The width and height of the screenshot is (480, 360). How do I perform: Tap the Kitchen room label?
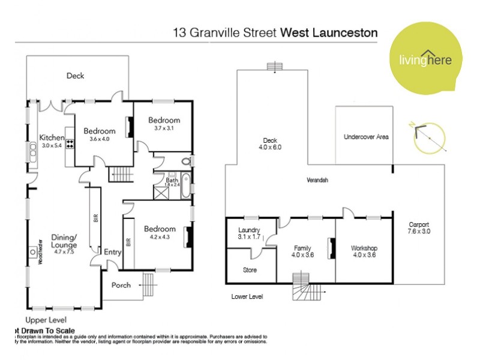point(51,141)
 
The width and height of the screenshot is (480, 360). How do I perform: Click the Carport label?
point(419,227)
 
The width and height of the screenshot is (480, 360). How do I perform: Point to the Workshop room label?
point(363,251)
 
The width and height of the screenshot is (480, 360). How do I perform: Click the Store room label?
point(250,270)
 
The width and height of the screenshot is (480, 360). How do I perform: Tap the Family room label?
point(302,251)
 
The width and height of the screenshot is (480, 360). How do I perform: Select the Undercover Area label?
point(366,137)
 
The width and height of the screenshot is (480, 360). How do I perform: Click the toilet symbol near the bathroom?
point(186,161)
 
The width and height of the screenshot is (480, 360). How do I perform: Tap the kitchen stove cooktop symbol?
point(69,144)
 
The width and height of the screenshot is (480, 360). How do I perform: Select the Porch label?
point(121,285)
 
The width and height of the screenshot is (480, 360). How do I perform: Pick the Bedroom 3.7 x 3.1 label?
point(164,124)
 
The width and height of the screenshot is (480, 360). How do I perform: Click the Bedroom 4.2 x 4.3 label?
point(160,232)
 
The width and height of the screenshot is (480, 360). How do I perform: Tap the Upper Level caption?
point(46,320)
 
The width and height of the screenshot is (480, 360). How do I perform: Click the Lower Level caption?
point(247,296)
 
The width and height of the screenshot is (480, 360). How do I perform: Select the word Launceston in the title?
point(345,32)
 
